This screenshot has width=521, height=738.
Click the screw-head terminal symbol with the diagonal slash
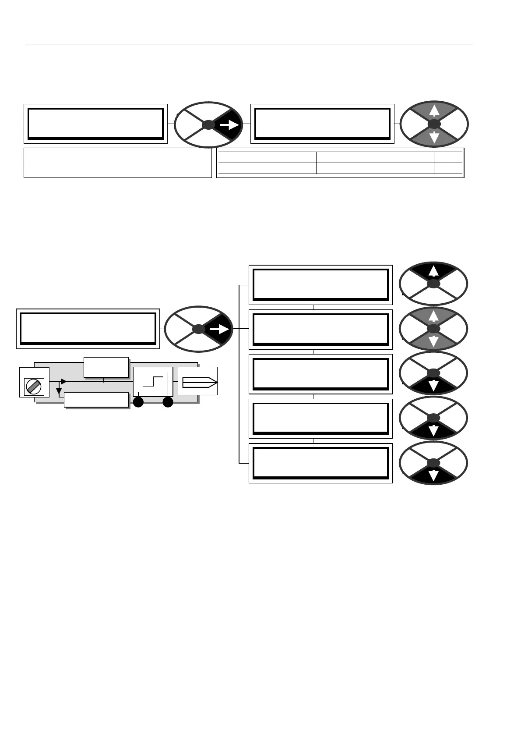[x=34, y=387]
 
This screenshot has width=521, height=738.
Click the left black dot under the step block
[x=139, y=402]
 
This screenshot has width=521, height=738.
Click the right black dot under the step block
[x=168, y=402]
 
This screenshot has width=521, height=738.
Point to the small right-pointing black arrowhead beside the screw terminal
[x=63, y=382]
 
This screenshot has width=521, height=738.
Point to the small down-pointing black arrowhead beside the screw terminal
[x=59, y=390]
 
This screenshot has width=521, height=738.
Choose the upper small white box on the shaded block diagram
[x=106, y=367]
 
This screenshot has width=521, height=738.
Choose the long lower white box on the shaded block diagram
[x=96, y=400]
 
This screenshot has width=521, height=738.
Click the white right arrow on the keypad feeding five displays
[x=220, y=329]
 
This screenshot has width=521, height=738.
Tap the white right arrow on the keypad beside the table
[x=229, y=125]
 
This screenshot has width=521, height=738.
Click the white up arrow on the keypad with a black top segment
[x=433, y=271]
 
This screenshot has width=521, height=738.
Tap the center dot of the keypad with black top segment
[x=433, y=284]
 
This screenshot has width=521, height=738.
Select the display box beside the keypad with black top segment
[x=320, y=284]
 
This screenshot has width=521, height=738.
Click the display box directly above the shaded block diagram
[x=88, y=329]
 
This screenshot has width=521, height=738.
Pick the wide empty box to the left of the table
[x=117, y=163]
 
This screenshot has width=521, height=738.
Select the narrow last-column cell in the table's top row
[x=448, y=157]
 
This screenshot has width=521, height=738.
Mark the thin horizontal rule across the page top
[x=249, y=45]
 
